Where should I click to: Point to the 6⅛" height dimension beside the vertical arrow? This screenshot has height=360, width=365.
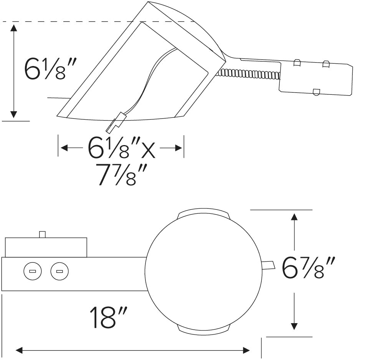pyautogui.click(x=48, y=68)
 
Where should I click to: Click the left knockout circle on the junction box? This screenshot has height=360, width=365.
pyautogui.click(x=32, y=272)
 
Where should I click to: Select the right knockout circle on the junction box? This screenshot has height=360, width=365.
pyautogui.click(x=59, y=272)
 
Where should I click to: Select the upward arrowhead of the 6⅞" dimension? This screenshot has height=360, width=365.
pyautogui.click(x=294, y=217)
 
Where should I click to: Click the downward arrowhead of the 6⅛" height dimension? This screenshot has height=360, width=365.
pyautogui.click(x=14, y=114)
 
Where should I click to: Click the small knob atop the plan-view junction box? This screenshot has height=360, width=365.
pyautogui.click(x=43, y=234)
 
